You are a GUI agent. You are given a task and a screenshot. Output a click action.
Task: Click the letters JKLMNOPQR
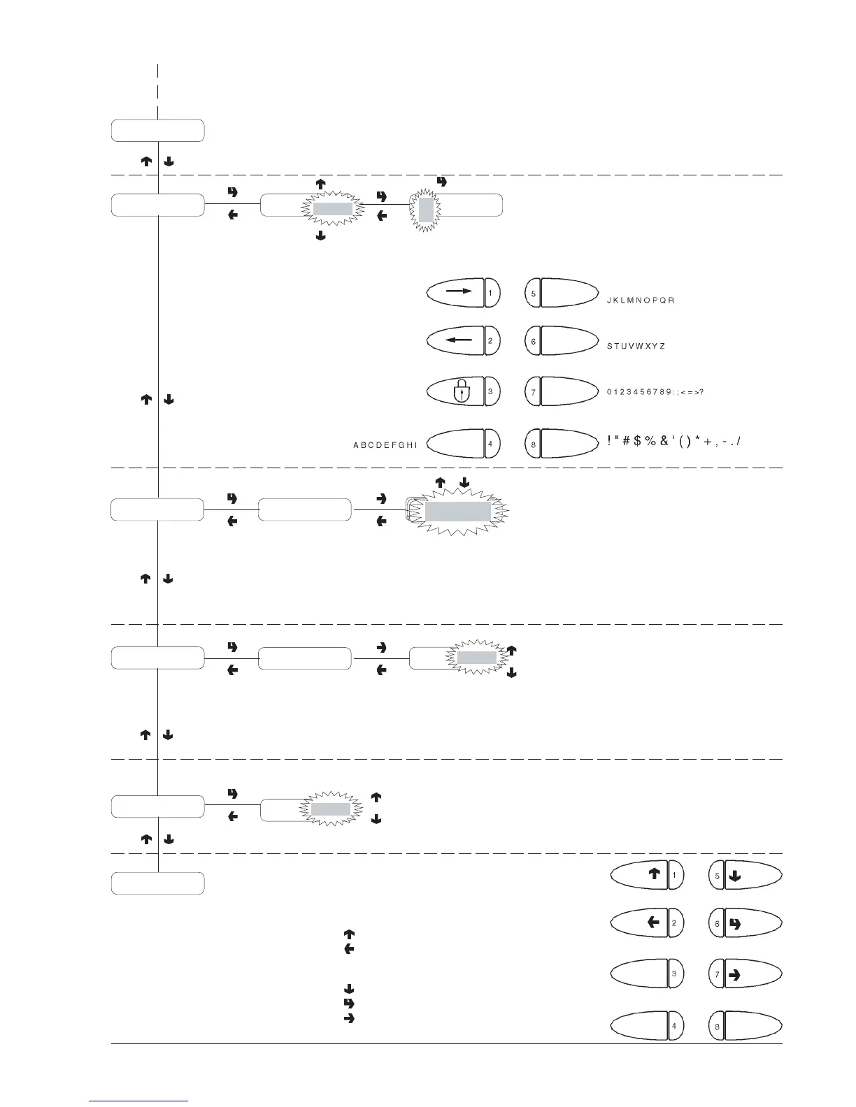click(640, 301)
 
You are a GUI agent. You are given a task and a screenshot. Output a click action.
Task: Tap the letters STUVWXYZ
click(636, 346)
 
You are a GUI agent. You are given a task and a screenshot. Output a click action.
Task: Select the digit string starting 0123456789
click(655, 391)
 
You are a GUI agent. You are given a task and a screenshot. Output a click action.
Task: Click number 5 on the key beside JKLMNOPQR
click(534, 294)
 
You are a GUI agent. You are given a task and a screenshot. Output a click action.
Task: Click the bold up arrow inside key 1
click(654, 873)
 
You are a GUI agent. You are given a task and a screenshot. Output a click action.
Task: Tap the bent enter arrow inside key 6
click(734, 924)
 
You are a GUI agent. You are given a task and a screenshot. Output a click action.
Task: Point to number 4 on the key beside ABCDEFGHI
click(490, 443)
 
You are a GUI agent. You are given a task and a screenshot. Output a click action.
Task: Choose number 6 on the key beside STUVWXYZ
click(534, 342)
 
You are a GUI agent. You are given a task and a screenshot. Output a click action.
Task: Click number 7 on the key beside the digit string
click(534, 393)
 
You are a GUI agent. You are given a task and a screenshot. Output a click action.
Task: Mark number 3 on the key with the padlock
click(490, 391)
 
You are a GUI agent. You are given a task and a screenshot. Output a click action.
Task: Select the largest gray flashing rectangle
click(458, 512)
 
